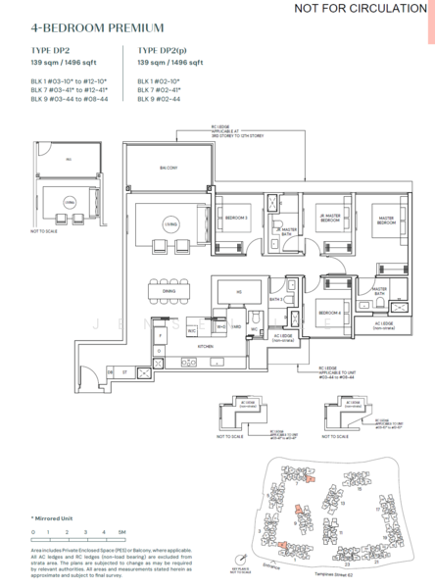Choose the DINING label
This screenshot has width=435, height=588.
(169, 274)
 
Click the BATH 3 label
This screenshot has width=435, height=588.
(277, 299)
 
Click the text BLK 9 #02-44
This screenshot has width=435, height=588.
(163, 99)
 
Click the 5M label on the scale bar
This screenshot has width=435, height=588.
(122, 533)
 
